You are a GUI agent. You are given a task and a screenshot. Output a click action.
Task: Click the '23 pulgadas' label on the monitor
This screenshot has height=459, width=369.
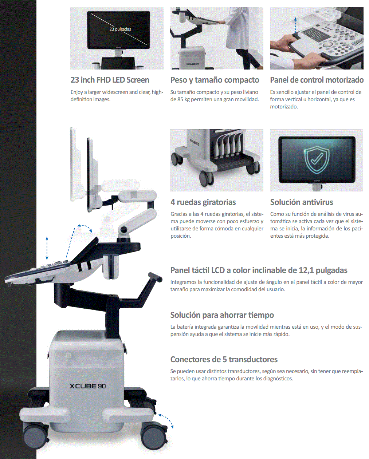click(120, 29)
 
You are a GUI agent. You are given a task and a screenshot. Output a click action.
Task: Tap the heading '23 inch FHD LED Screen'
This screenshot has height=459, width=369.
click(110, 80)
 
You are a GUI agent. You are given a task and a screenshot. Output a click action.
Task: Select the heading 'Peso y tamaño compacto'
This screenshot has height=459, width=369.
click(215, 80)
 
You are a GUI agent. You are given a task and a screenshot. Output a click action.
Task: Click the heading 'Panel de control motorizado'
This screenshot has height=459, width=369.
click(317, 80)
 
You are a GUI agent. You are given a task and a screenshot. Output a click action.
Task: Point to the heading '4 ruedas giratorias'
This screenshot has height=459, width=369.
click(203, 202)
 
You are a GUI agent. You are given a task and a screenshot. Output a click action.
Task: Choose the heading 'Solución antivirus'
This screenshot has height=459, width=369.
click(302, 202)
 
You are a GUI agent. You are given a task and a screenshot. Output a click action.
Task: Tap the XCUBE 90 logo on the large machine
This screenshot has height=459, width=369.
click(88, 386)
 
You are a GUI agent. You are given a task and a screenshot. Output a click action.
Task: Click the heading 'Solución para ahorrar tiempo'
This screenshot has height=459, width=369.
click(222, 315)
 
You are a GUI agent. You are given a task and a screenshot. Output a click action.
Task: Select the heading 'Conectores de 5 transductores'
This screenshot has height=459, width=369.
click(224, 359)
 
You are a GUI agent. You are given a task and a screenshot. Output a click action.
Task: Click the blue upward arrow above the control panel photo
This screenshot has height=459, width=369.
click(295, 25)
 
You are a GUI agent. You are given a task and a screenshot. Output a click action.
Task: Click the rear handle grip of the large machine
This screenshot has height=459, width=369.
click(156, 277)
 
